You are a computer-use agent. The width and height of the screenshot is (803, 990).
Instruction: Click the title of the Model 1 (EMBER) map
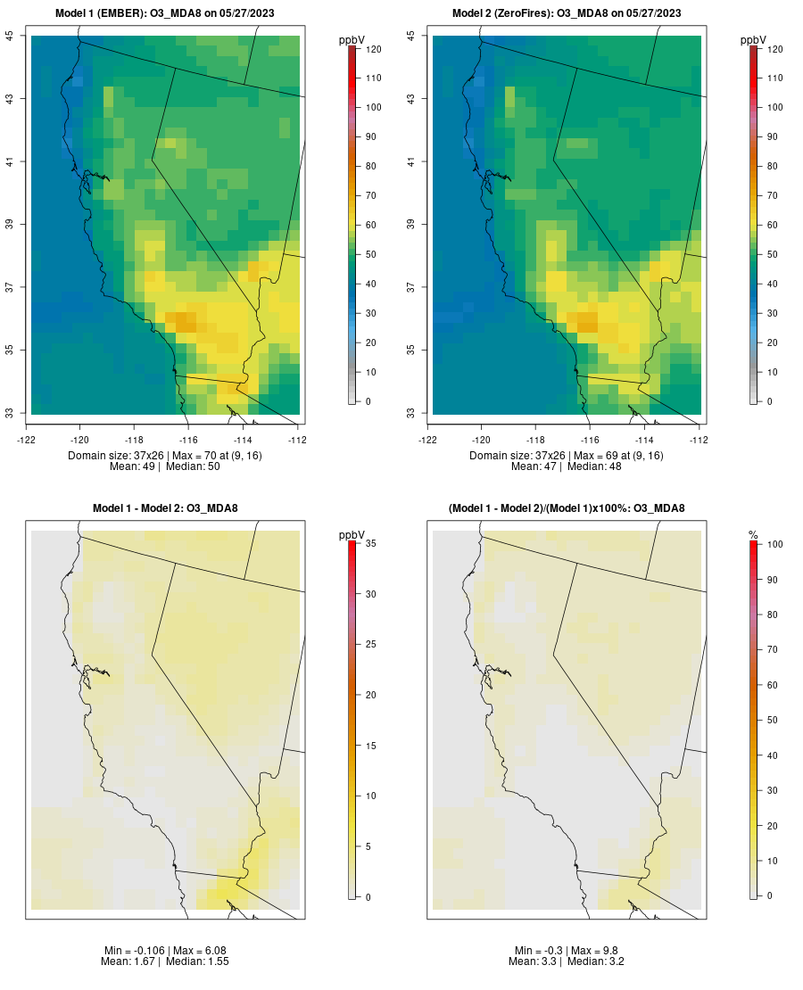pos(165,13)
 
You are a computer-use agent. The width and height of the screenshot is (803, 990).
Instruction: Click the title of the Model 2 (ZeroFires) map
pos(567,13)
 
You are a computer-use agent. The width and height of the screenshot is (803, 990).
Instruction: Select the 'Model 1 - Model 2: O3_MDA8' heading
pos(165,508)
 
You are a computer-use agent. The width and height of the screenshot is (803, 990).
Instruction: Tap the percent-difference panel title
pos(567,508)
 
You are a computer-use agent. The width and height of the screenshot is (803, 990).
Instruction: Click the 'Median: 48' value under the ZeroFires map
pos(594,466)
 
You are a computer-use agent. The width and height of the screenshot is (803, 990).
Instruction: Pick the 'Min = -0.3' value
pos(538,951)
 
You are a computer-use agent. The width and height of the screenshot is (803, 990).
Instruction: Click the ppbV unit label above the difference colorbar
pos(352,535)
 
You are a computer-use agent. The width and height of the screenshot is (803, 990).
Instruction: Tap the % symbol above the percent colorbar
pos(753,535)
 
